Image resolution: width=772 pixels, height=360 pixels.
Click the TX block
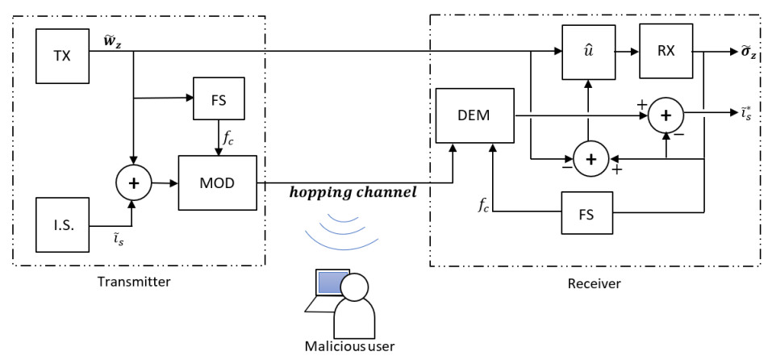coord(63,56)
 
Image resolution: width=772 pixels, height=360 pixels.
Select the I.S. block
coord(63,225)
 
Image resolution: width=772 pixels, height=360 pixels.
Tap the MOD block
coord(217,182)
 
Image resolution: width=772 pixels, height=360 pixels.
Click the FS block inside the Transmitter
coord(219,98)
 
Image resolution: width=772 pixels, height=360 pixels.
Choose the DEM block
coord(474,115)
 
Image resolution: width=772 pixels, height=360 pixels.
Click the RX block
coord(666,51)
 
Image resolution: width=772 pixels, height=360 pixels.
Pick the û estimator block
coord(589,52)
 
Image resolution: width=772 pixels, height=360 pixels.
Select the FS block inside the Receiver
coord(587,213)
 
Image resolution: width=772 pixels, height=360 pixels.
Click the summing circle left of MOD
coord(133,183)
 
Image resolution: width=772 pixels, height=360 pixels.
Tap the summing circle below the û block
coord(590,159)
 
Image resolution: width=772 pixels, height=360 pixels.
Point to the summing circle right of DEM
coord(666,115)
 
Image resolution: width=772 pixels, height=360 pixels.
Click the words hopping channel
coord(353,193)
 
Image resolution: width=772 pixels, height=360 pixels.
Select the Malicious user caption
coord(349,345)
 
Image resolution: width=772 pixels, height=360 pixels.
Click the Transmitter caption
coord(134,282)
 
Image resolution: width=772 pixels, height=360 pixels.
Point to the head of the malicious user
coord(354,287)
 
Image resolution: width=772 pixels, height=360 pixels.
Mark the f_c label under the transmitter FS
coord(228,138)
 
